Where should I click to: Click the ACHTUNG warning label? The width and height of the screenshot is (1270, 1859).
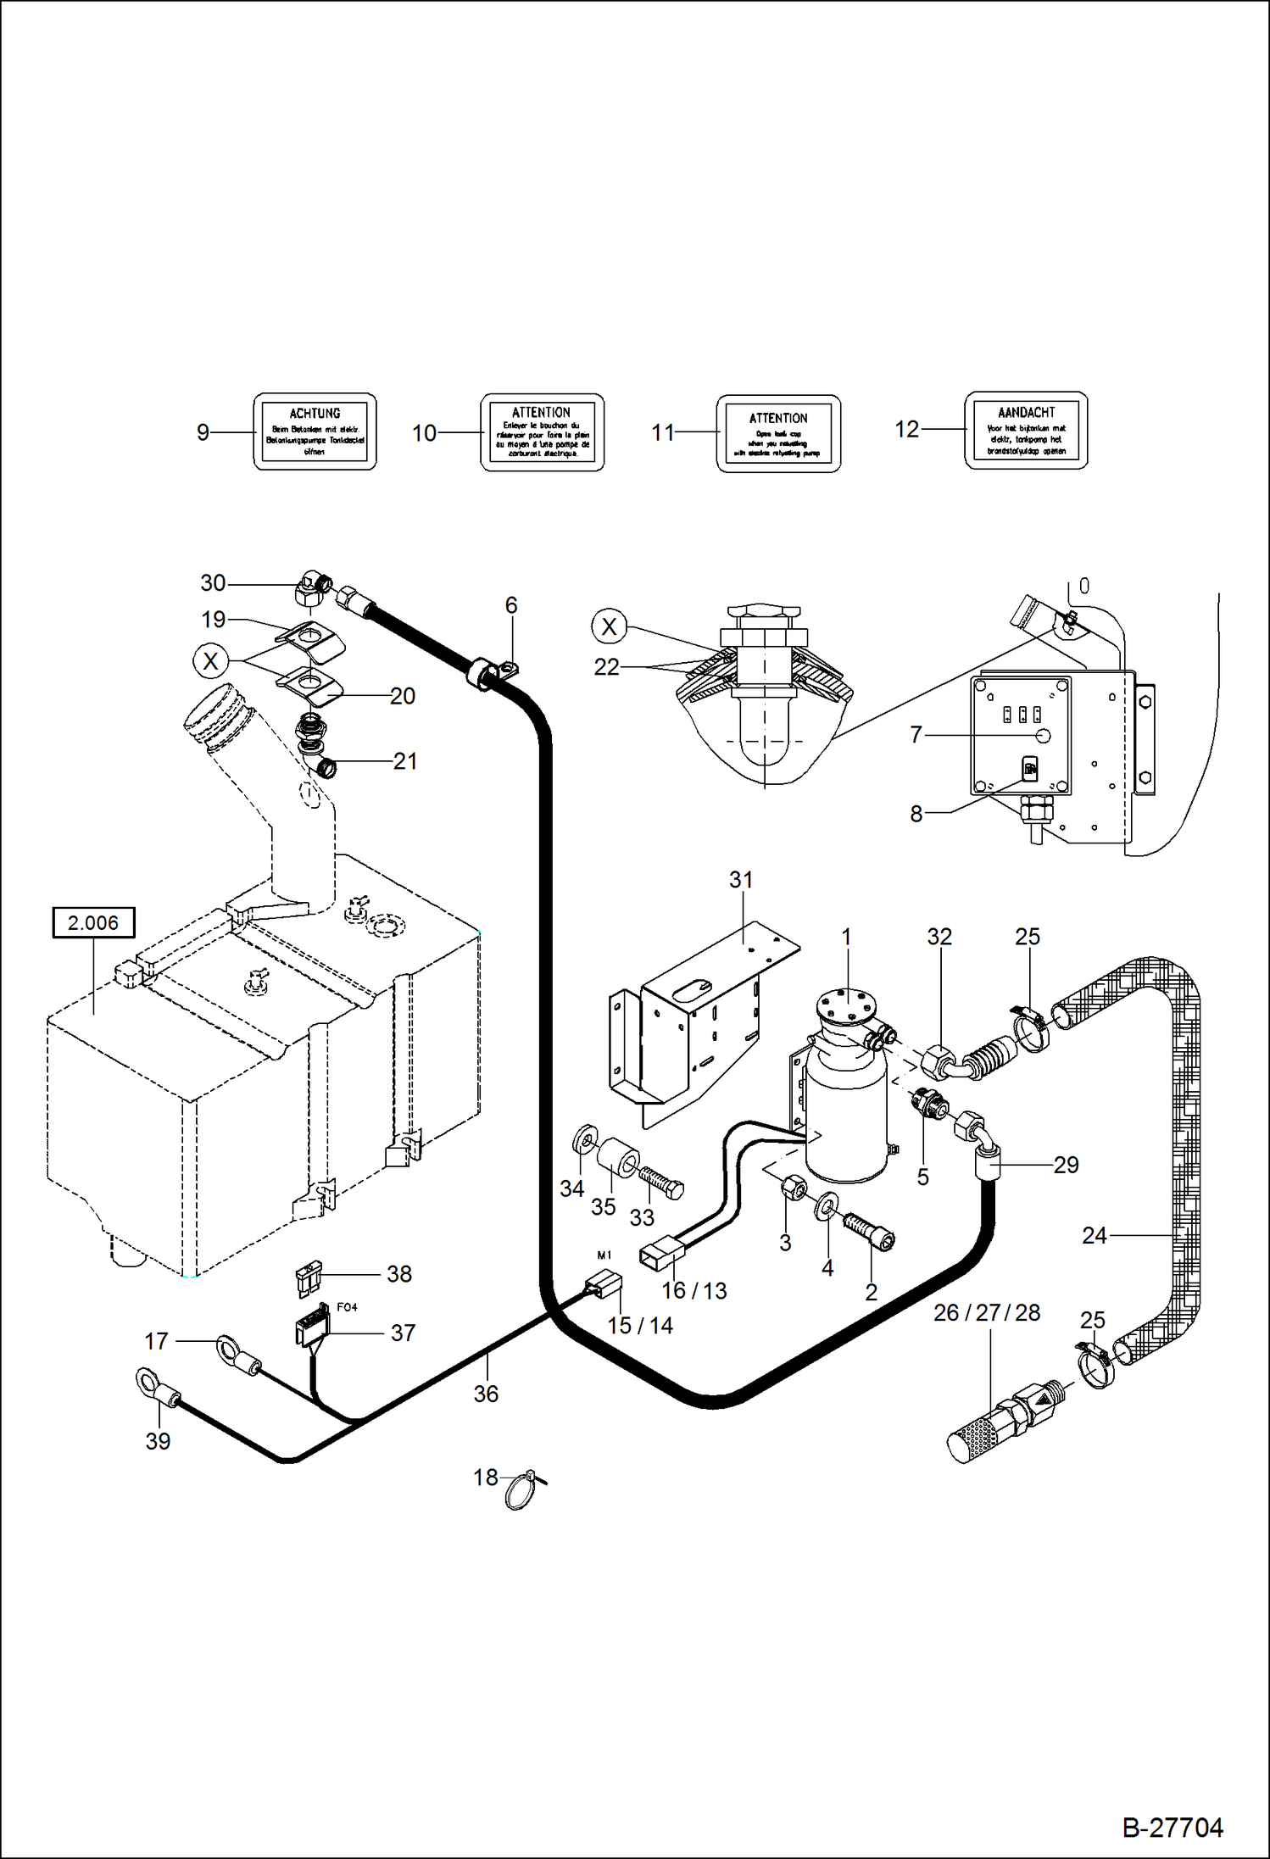coord(315,431)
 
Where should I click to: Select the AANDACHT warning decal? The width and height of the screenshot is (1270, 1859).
coord(1026,431)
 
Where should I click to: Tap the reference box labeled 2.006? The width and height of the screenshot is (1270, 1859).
coord(93,922)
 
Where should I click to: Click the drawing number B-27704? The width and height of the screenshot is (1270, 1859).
coord(1172,1828)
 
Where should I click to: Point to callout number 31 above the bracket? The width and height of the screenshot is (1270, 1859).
coord(741,880)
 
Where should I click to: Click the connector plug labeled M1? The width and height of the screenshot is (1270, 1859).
coord(604,1285)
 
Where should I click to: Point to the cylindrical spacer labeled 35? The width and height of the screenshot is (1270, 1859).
coord(619,1159)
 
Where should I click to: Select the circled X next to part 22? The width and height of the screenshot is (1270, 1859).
coord(609,626)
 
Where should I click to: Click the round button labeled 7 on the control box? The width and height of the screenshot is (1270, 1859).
coord(1044,735)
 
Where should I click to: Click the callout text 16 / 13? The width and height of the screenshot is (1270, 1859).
coord(693,1290)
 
